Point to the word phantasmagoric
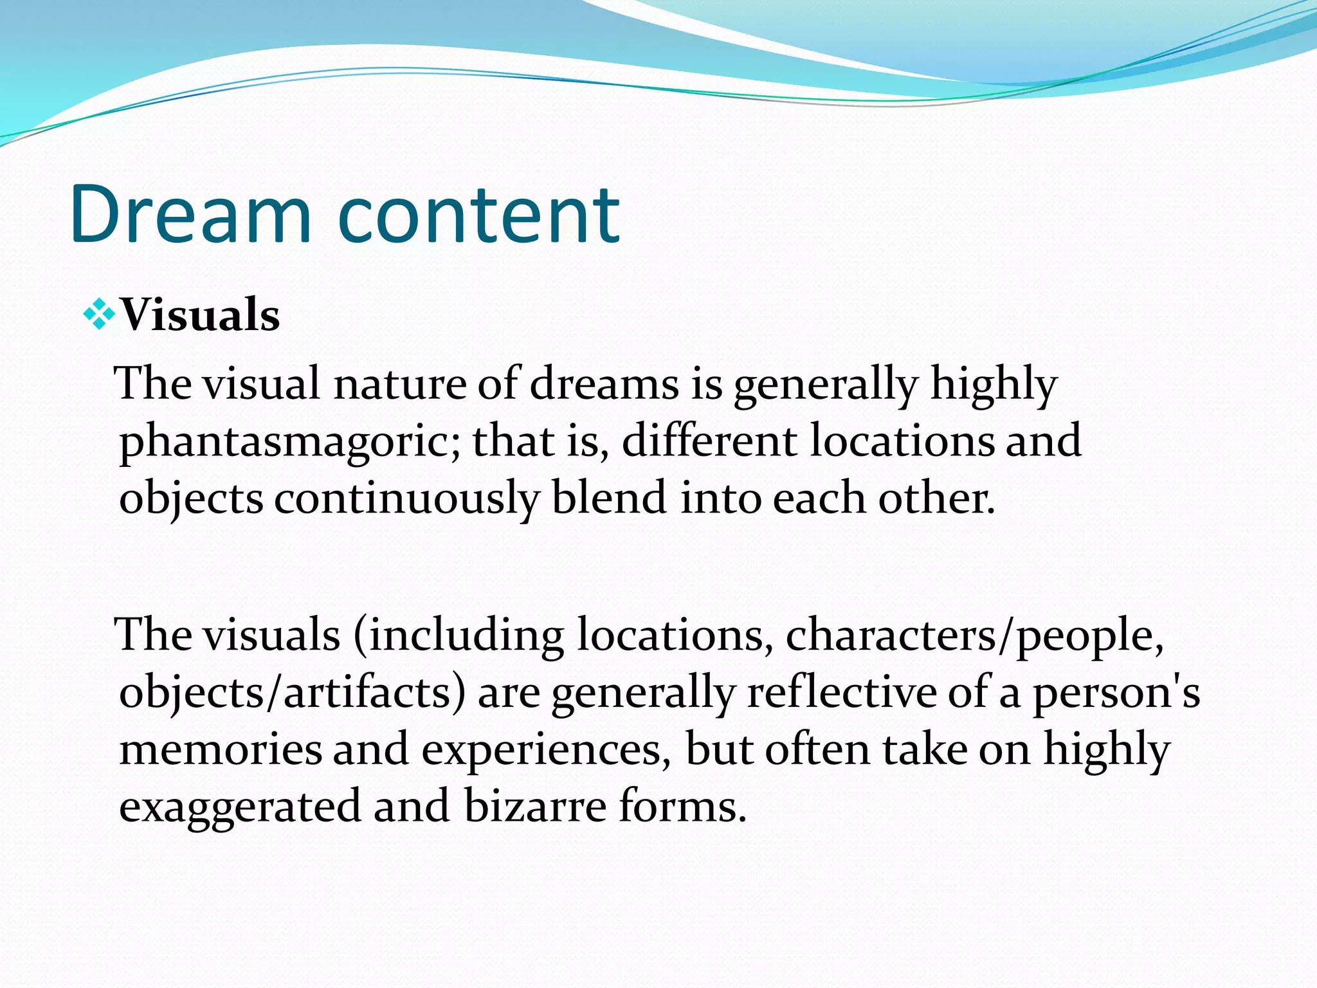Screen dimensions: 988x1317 pyautogui.click(x=290, y=442)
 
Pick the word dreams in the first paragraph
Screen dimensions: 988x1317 pyautogui.click(x=604, y=384)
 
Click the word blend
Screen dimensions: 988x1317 pyautogui.click(x=609, y=499)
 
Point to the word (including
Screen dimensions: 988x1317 pyautogui.click(x=458, y=636)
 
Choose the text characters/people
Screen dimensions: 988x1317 pyautogui.click(x=974, y=636)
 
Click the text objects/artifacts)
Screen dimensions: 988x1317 pyautogui.click(x=292, y=693)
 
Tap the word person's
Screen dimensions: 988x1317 pyautogui.click(x=1116, y=693)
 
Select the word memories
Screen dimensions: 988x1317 pyautogui.click(x=221, y=749)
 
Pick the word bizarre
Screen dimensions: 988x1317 pyautogui.click(x=535, y=806)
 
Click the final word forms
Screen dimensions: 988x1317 pyautogui.click(x=682, y=806)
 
